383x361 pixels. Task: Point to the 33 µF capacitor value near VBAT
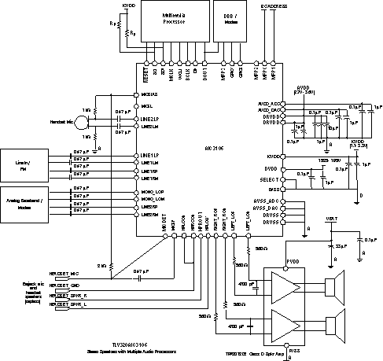point(341,245)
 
